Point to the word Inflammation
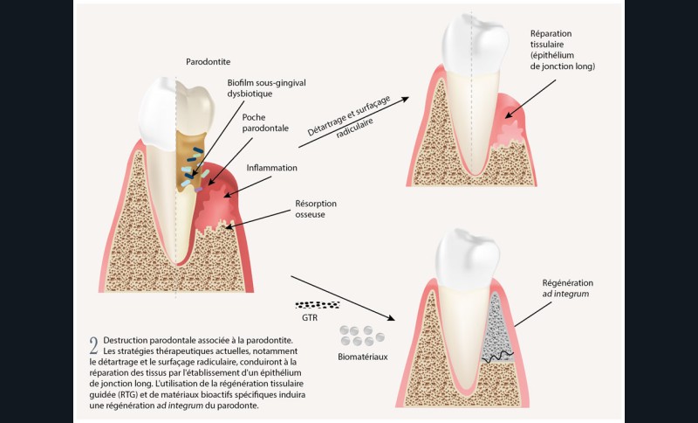click(271, 167)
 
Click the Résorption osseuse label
click(316, 208)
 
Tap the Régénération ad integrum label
click(568, 289)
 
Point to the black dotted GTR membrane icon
click(318, 305)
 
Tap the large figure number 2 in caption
click(93, 345)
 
